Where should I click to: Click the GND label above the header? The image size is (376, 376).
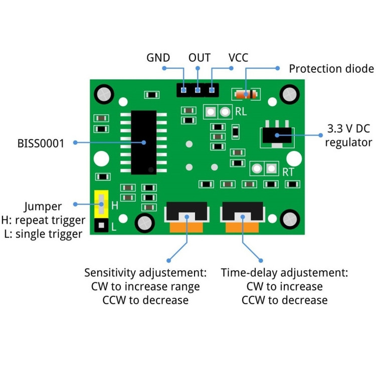pos(158,57)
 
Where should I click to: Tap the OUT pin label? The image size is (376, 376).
pos(199,57)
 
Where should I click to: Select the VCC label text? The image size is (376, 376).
pos(239,57)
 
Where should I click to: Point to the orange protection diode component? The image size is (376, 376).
pos(246,94)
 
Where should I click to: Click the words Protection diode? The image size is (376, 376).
pos(331,69)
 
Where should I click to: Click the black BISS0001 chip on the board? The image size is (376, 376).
pos(143,142)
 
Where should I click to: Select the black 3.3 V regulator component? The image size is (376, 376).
pos(276,134)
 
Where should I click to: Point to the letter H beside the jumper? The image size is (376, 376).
pos(114,206)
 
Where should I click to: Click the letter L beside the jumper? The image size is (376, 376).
pos(114,227)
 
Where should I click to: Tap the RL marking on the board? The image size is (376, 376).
pos(241,112)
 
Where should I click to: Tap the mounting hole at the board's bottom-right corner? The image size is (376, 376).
pos(290,219)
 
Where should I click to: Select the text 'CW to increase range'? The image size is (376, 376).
pos(145,287)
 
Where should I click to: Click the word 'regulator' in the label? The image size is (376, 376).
pos(348,142)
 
